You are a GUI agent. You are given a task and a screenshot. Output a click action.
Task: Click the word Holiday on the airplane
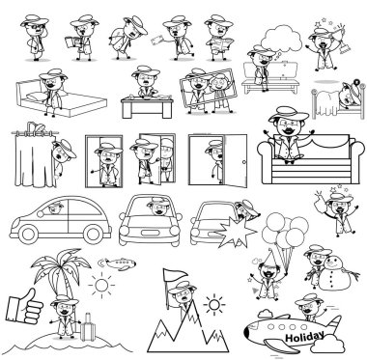tap(304, 337)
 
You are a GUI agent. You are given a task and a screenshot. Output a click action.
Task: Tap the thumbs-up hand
tap(24, 306)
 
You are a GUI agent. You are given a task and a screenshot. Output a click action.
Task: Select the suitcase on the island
tap(88, 327)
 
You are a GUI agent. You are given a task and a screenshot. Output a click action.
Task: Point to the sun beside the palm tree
tap(101, 285)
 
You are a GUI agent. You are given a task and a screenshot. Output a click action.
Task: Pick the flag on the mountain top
tap(174, 276)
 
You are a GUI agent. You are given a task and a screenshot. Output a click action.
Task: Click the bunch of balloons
tap(285, 231)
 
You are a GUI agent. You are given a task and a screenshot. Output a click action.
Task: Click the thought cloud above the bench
tap(282, 38)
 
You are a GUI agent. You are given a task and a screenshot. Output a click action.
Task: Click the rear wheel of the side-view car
tap(94, 235)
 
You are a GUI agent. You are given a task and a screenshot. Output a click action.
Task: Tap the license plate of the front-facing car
tap(150, 233)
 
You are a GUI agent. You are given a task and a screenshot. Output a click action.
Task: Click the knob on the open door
tap(243, 162)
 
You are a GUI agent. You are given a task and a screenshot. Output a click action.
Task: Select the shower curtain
tap(35, 159)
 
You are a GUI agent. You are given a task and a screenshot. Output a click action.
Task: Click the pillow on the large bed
tap(37, 96)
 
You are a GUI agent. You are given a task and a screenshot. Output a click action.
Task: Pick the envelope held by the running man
tap(158, 41)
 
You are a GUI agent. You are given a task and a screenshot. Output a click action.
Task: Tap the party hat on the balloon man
tap(270, 258)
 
